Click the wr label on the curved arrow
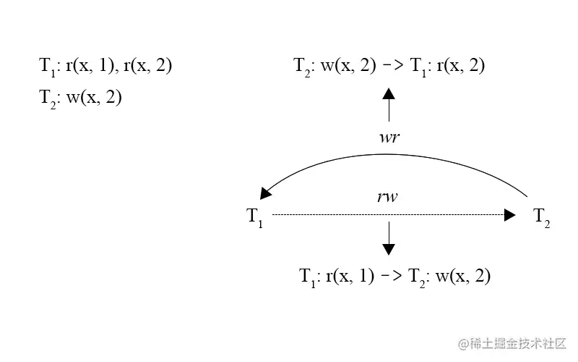[x=389, y=138]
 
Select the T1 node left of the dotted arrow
[x=255, y=216]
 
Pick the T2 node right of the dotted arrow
[x=542, y=216]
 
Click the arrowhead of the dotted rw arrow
[x=510, y=215]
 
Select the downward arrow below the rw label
[x=389, y=238]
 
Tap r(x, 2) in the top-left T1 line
[x=148, y=67]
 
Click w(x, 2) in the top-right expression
[x=349, y=66]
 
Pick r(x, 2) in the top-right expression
[x=460, y=66]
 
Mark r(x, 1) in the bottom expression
[x=350, y=276]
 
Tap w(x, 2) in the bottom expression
[x=463, y=276]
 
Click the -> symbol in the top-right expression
[x=393, y=66]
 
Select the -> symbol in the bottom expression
[x=392, y=276]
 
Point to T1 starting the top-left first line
[x=47, y=67]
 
